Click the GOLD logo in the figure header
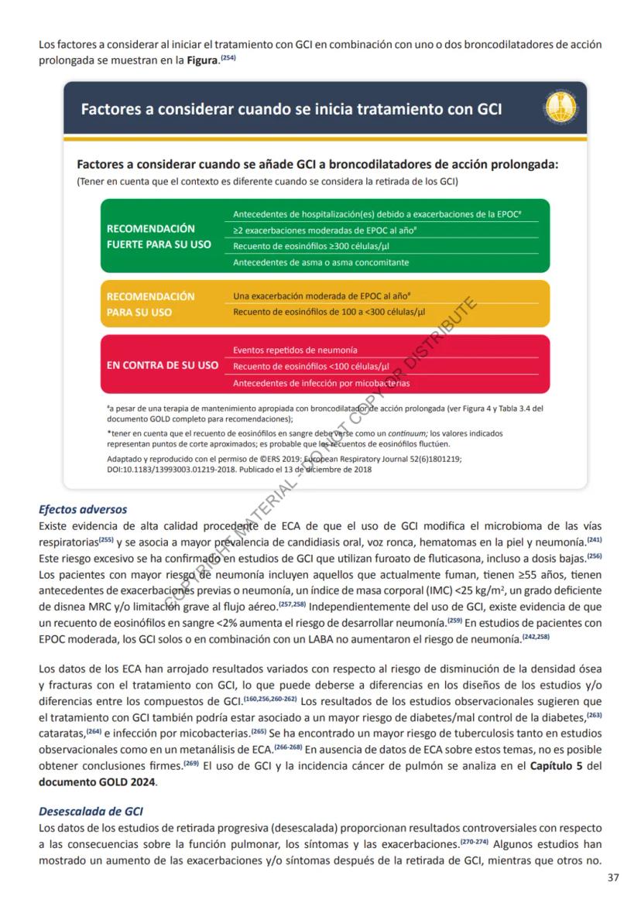560,108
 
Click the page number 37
614,877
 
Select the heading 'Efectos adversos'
83,509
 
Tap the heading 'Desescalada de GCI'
91,812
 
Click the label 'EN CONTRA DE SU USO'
162,365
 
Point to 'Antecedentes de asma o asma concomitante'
320,262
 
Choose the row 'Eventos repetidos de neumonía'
295,350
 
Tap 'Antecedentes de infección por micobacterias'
321,383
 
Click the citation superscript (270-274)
474,840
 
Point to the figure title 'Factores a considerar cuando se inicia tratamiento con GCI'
291,109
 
